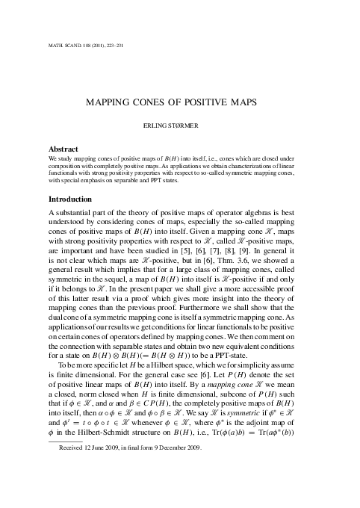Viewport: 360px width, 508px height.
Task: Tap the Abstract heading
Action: pyautogui.click(x=63, y=149)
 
